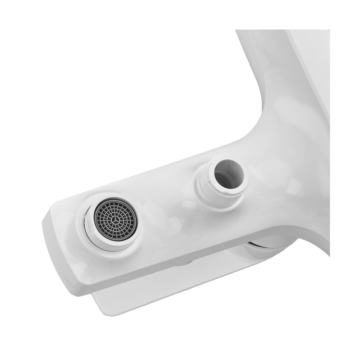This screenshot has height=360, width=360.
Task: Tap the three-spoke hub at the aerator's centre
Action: pyautogui.click(x=116, y=219)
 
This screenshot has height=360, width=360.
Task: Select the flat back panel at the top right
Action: pyautogui.click(x=313, y=65)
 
